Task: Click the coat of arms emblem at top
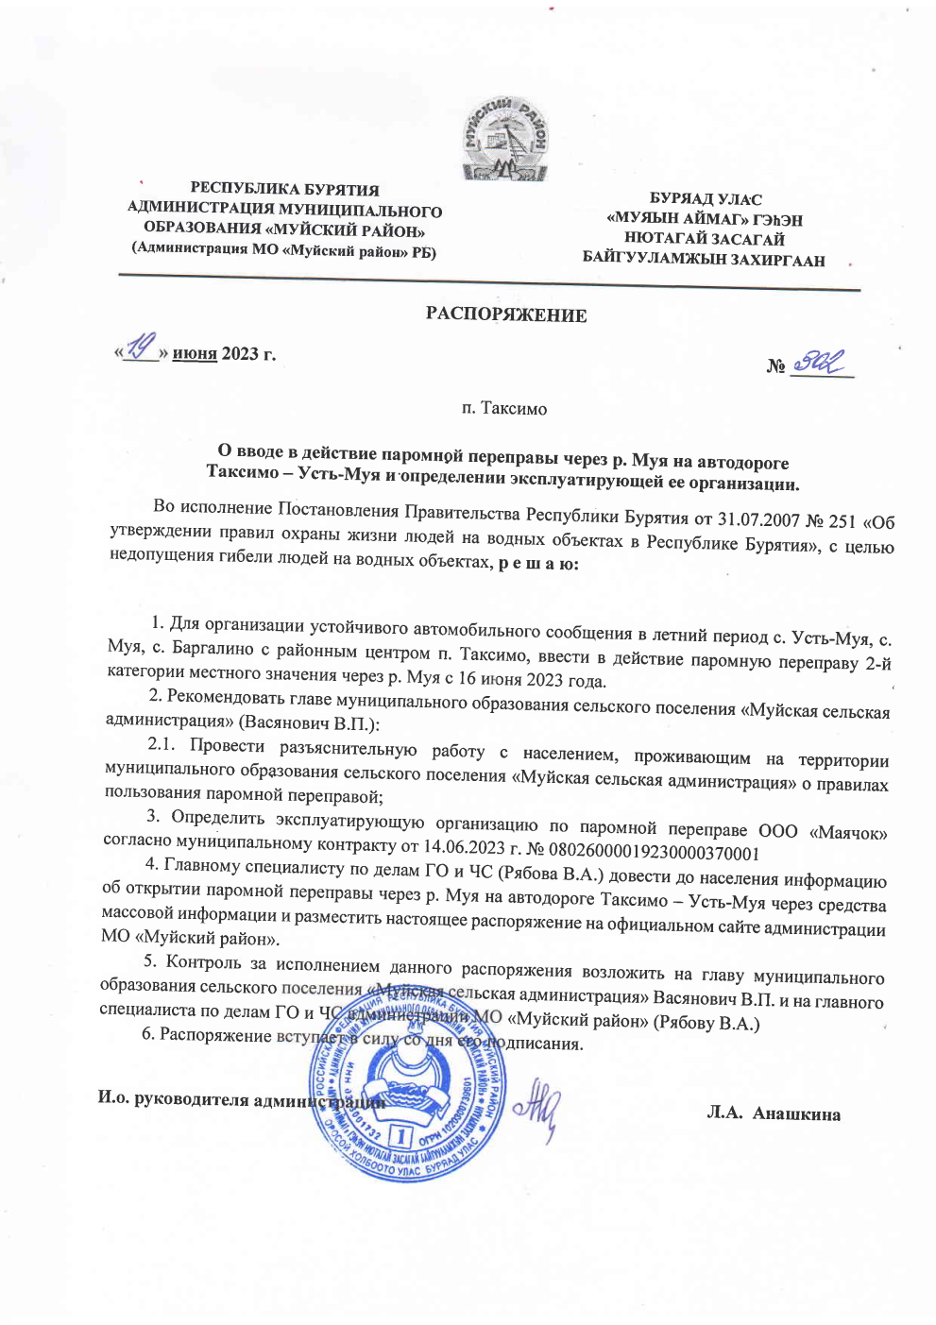(505, 138)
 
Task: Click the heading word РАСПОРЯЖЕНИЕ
(505, 314)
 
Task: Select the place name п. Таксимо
(504, 408)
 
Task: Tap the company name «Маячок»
(847, 833)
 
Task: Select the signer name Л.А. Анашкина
(774, 1113)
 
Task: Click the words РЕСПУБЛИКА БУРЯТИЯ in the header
(284, 189)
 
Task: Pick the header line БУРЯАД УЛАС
(705, 199)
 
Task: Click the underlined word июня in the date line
(195, 354)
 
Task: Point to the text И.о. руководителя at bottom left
(174, 1098)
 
